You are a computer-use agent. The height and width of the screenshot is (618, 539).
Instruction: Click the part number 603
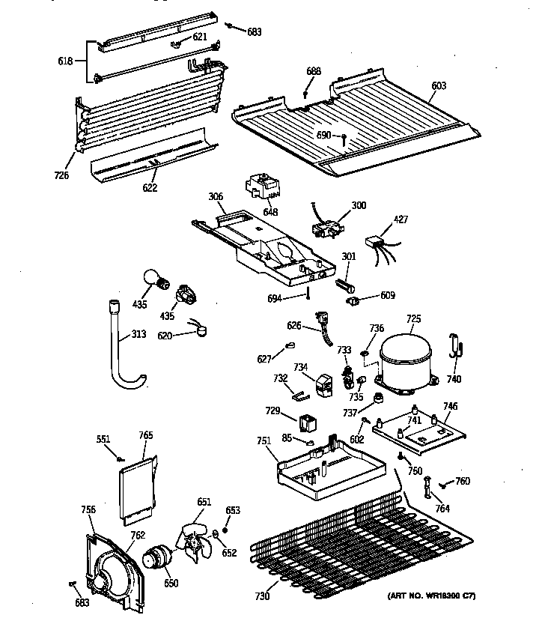[439, 86]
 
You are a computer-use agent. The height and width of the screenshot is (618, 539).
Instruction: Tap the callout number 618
[65, 61]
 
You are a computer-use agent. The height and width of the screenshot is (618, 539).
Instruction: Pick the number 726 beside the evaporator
[61, 175]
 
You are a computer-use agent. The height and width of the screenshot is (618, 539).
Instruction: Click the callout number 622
[150, 187]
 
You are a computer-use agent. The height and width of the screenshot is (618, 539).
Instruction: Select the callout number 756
[88, 510]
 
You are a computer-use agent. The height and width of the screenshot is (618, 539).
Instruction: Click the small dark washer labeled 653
[225, 530]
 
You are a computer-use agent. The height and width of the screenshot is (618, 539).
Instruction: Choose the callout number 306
[216, 197]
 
